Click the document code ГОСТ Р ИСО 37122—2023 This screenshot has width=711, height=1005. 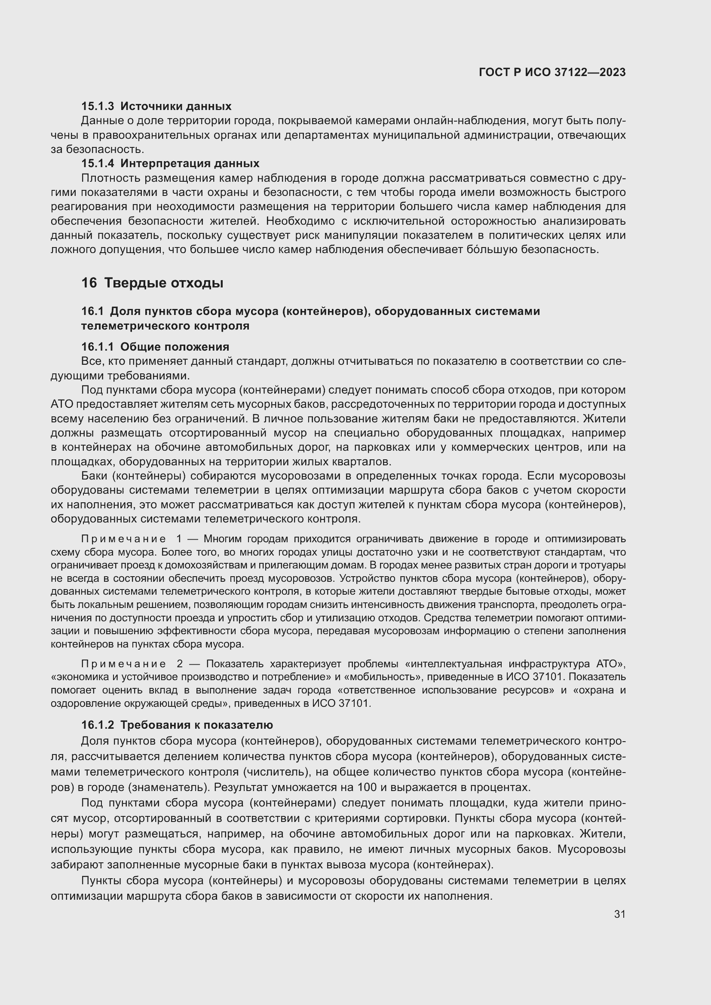[552, 72]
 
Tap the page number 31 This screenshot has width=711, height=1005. [619, 914]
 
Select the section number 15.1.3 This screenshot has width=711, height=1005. [98, 107]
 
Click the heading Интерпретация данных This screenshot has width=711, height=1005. [190, 164]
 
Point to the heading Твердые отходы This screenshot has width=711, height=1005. [164, 283]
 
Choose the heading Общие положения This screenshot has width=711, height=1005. [175, 347]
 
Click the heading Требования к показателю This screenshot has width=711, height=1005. [196, 725]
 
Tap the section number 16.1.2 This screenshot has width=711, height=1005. [98, 725]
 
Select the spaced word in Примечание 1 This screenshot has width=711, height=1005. [123, 539]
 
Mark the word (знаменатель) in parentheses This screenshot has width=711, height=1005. [169, 788]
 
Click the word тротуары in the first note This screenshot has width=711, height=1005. [606, 565]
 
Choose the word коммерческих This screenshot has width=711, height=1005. [503, 447]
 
